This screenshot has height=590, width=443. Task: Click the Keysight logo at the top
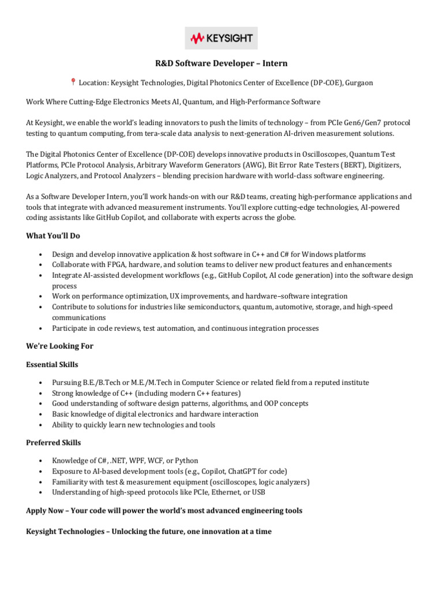pyautogui.click(x=221, y=38)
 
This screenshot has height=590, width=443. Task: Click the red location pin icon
pyautogui.click(x=73, y=82)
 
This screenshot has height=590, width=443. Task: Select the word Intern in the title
pyautogui.click(x=274, y=63)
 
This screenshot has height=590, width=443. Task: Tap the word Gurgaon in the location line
pyautogui.click(x=359, y=83)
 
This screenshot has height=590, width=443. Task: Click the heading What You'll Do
pyautogui.click(x=53, y=236)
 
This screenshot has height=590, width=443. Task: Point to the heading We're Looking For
pyautogui.click(x=59, y=346)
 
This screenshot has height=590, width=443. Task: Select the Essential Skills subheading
pyautogui.click(x=52, y=365)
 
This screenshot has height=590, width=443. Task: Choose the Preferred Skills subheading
pyautogui.click(x=53, y=442)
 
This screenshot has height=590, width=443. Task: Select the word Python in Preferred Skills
pyautogui.click(x=185, y=460)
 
